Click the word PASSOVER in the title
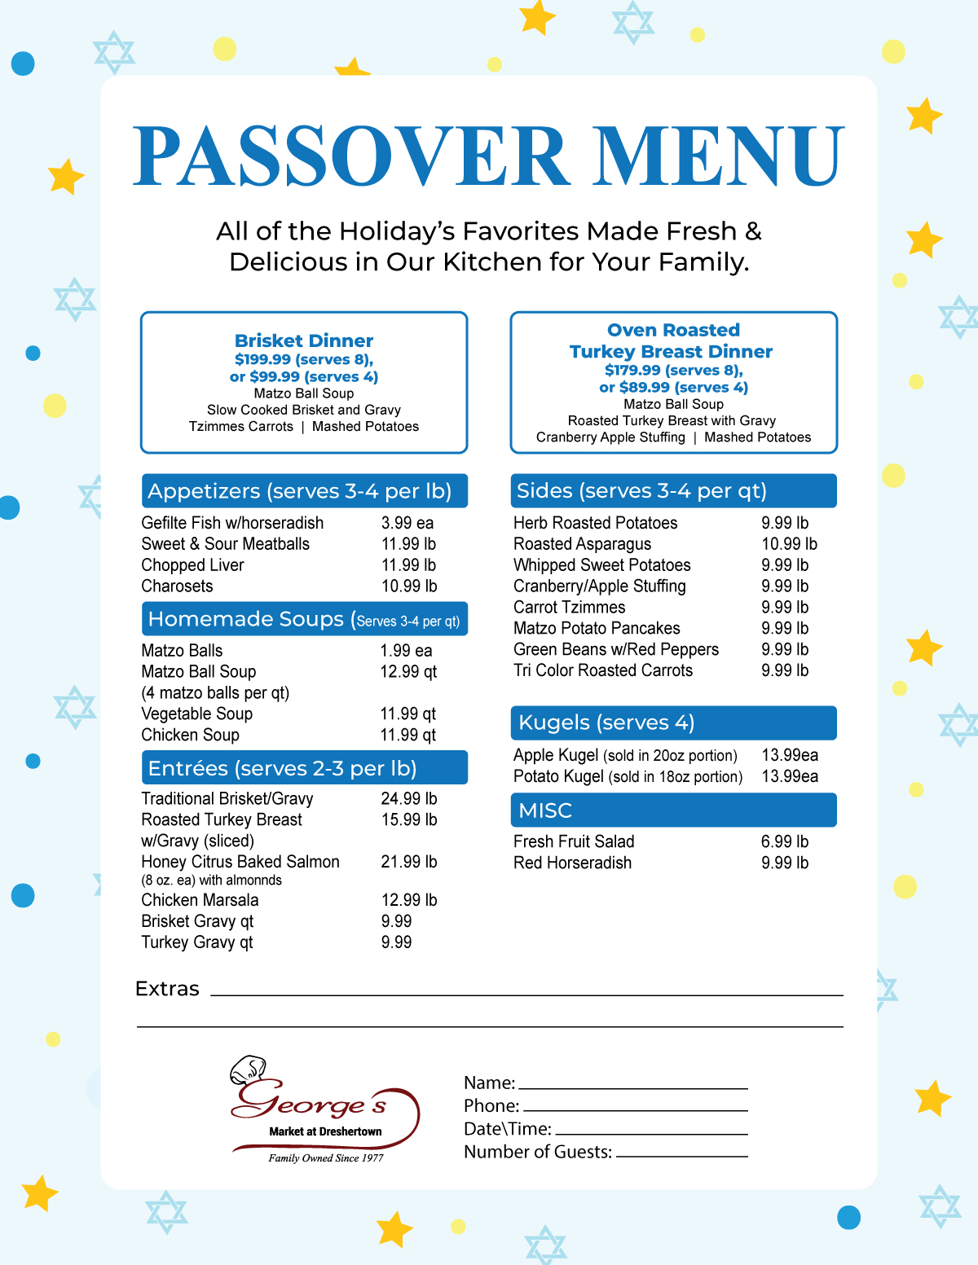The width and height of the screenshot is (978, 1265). (x=350, y=156)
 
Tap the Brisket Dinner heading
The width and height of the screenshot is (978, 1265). (x=304, y=340)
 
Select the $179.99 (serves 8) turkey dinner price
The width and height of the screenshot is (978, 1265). (x=673, y=370)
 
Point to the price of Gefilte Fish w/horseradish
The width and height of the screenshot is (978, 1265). (x=407, y=523)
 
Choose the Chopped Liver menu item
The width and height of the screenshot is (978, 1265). (x=192, y=565)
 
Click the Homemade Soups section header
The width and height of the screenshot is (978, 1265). (x=304, y=619)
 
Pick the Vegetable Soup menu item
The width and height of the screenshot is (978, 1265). (x=196, y=714)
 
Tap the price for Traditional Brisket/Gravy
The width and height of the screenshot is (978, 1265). (x=409, y=798)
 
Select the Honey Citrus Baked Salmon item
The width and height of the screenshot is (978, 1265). (x=240, y=862)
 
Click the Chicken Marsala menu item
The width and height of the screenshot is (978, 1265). (x=200, y=900)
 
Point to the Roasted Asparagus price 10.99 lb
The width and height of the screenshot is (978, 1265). (x=789, y=544)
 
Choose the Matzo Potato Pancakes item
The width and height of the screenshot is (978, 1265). (x=597, y=628)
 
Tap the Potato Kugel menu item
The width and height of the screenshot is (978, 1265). (x=559, y=776)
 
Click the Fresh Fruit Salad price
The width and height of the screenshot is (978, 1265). (x=785, y=841)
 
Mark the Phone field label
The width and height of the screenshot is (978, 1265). (x=491, y=1105)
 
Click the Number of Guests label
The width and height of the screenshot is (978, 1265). (x=538, y=1152)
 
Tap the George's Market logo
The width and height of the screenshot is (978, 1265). (x=325, y=1110)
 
